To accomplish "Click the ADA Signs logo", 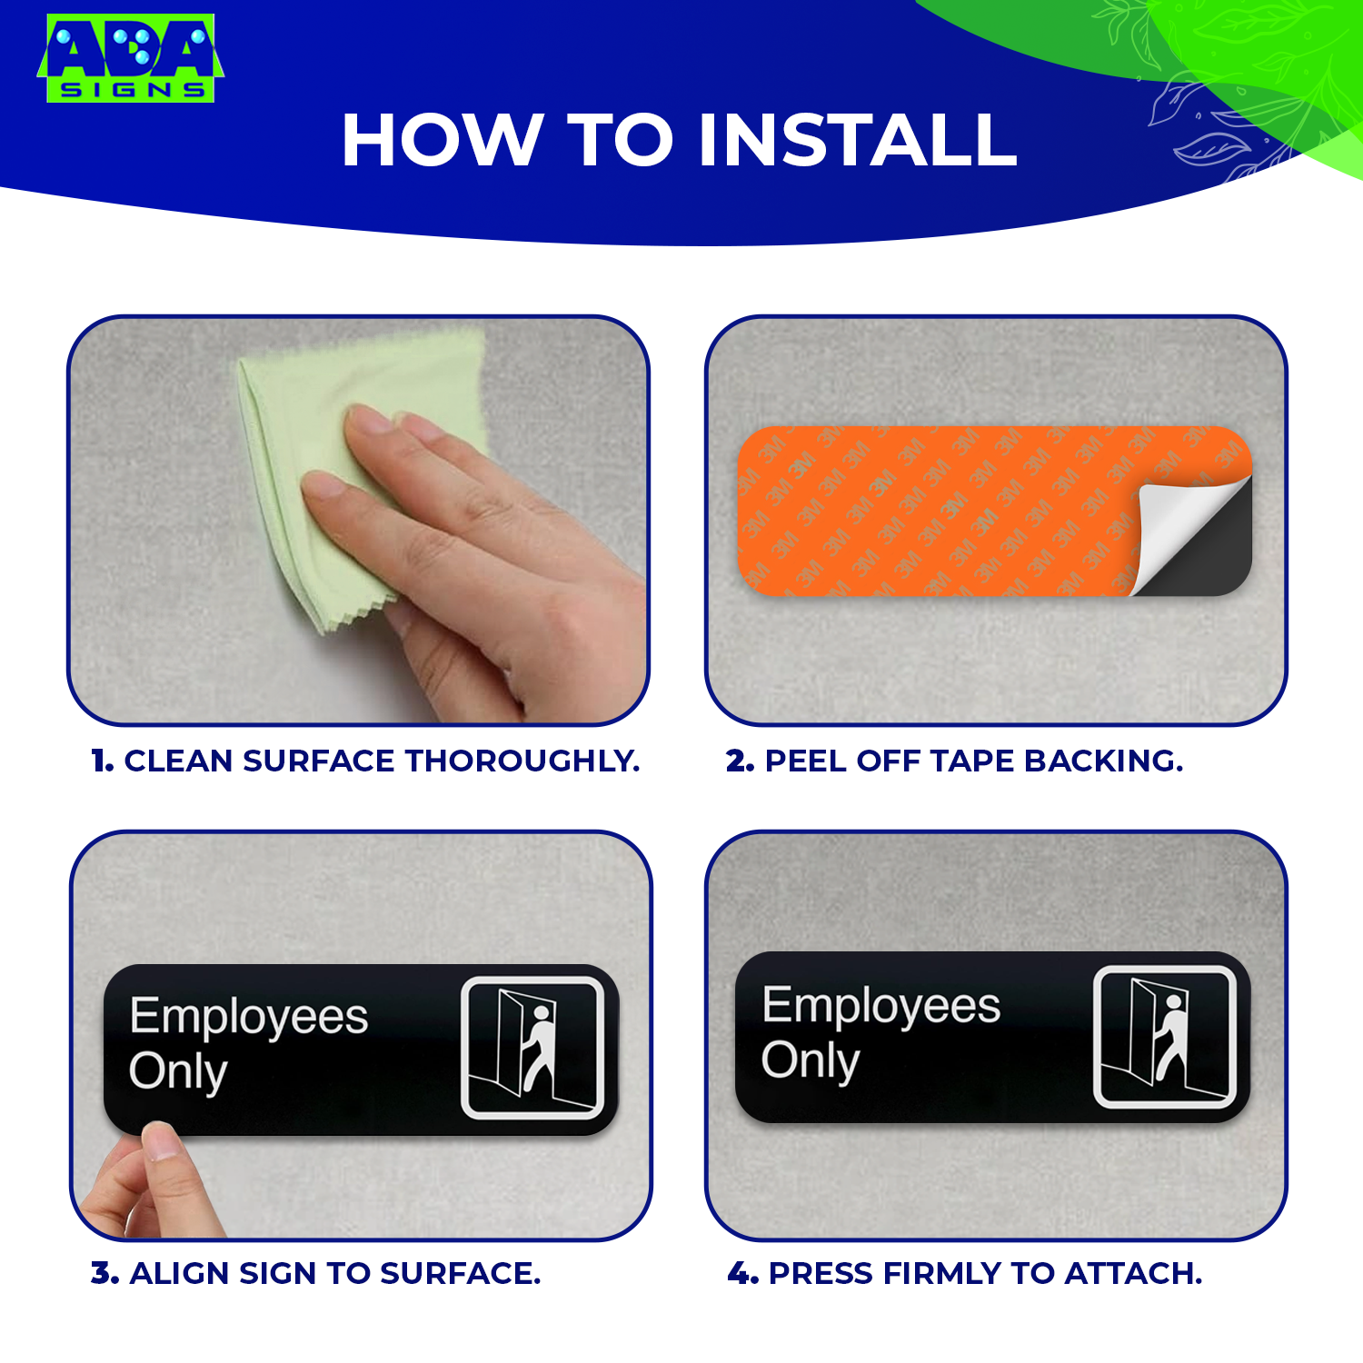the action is (x=130, y=58).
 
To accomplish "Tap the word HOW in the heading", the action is (x=442, y=141).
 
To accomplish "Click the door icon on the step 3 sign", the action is (x=532, y=1048).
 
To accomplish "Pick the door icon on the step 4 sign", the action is (x=1165, y=1037).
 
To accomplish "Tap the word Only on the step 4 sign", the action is (x=811, y=1061).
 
